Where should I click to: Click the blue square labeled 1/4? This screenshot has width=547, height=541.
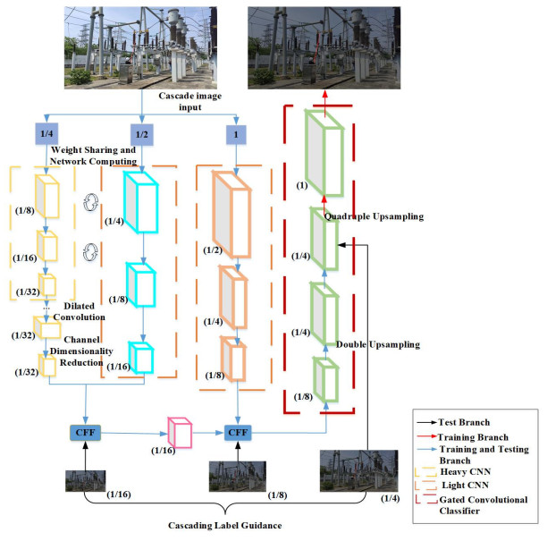pos(46,133)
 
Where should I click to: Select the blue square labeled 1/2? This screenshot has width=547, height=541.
pos(141,134)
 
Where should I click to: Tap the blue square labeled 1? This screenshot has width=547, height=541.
pos(236,135)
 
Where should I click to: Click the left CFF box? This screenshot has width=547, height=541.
pos(86,433)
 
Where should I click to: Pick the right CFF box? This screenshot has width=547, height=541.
pos(238,433)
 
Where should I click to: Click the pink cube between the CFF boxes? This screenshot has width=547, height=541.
pos(180,433)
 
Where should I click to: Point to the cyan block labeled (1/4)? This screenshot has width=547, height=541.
pos(141,202)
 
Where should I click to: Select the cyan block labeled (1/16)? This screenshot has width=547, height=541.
pos(141,358)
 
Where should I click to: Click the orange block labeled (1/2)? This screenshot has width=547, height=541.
pos(231,215)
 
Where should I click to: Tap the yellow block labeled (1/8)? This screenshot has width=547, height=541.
pos(47,196)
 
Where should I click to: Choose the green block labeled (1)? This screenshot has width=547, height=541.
pos(324,153)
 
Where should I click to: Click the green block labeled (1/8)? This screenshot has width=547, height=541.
pos(326,379)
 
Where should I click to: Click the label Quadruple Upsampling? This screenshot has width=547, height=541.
pos(374,216)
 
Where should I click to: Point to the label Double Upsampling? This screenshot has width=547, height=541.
pos(378,344)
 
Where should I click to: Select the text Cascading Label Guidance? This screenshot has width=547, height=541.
pos(225,525)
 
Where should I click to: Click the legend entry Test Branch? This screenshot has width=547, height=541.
pos(464,422)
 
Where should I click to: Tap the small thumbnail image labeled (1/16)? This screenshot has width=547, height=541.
pos(86,481)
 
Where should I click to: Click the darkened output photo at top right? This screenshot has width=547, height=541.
pos(324,48)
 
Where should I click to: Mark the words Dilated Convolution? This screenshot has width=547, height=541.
pos(80,312)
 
